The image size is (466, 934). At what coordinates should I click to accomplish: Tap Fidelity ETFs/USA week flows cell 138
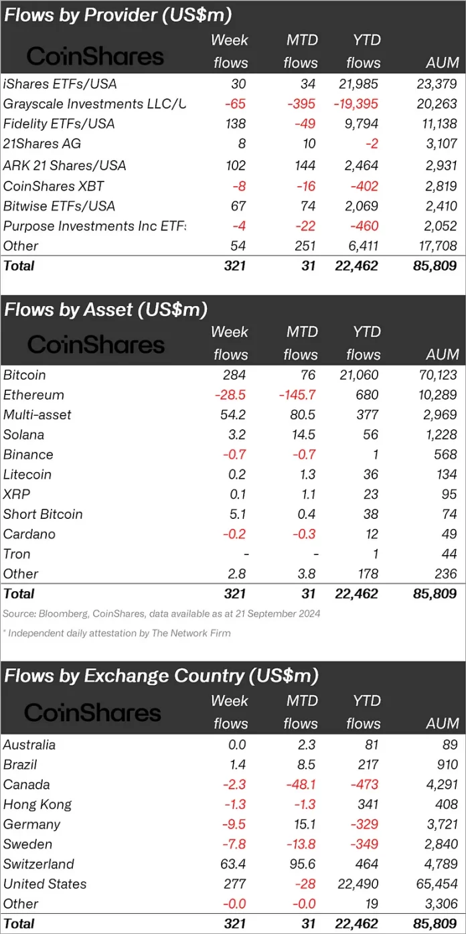pyautogui.click(x=236, y=124)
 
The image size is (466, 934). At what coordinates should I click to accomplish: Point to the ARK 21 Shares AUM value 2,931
pyautogui.click(x=440, y=165)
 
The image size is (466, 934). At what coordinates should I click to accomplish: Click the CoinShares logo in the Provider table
pyautogui.click(x=95, y=56)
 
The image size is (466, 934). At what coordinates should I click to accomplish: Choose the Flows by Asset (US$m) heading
pyautogui.click(x=106, y=309)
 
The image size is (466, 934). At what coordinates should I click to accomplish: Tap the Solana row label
pyautogui.click(x=23, y=435)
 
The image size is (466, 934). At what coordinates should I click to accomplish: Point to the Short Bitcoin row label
pyautogui.click(x=43, y=514)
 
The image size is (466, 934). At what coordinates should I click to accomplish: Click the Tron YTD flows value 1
pyautogui.click(x=374, y=554)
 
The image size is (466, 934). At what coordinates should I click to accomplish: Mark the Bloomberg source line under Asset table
pyautogui.click(x=161, y=613)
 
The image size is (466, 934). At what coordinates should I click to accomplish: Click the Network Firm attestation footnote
pyautogui.click(x=116, y=633)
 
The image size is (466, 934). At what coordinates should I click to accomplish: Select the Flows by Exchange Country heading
pyautogui.click(x=161, y=676)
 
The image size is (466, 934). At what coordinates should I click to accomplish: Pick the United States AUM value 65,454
pyautogui.click(x=435, y=884)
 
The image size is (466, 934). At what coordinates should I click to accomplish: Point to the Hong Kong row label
pyautogui.click(x=37, y=804)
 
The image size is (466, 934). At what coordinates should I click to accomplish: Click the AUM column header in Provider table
pyautogui.click(x=443, y=63)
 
